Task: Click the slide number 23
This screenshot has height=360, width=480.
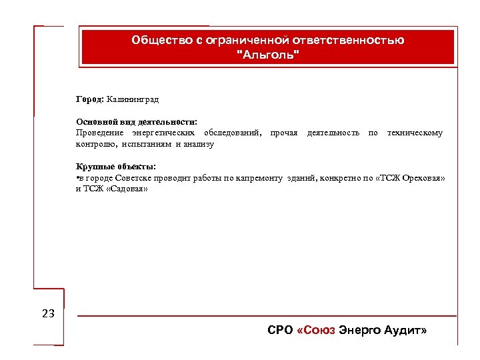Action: coord(48,313)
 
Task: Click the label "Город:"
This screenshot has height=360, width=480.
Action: coord(89,99)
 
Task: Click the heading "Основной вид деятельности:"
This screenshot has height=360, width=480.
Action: coord(136,123)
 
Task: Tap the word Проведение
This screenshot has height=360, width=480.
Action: coord(98,133)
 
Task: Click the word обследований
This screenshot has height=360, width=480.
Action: coord(233,133)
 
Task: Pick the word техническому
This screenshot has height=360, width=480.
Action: coord(414,133)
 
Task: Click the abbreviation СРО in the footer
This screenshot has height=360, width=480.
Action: coord(279,331)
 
